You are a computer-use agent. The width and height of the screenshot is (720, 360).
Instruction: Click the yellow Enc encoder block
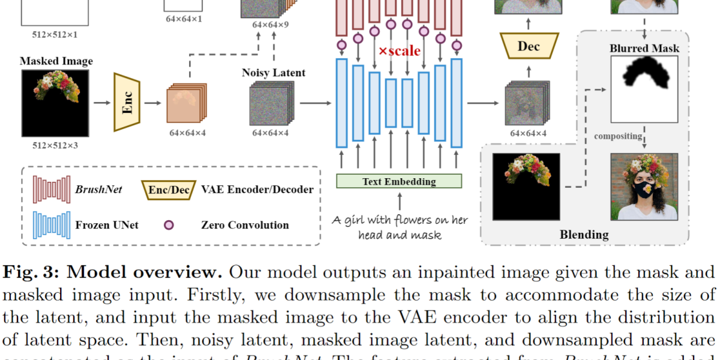[127, 102]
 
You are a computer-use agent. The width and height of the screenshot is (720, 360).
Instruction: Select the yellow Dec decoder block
[529, 46]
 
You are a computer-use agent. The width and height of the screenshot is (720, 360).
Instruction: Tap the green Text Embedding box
[399, 181]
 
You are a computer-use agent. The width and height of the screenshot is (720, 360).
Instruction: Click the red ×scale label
[399, 50]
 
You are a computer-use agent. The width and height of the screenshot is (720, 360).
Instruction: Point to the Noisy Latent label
[273, 73]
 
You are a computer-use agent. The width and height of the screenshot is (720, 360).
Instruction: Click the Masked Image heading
[56, 61]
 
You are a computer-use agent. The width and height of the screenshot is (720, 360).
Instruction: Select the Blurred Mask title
[644, 48]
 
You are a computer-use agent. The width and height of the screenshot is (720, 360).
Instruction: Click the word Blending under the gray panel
[584, 234]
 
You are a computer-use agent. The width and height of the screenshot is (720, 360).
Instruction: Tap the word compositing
[618, 136]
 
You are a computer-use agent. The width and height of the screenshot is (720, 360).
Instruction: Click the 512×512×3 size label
[55, 145]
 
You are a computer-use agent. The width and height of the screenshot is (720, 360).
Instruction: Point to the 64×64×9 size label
[271, 25]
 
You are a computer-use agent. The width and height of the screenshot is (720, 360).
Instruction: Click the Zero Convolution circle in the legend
[169, 225]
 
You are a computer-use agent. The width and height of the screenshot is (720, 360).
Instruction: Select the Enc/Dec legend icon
[169, 190]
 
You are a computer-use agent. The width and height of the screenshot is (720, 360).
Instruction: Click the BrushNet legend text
[98, 190]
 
